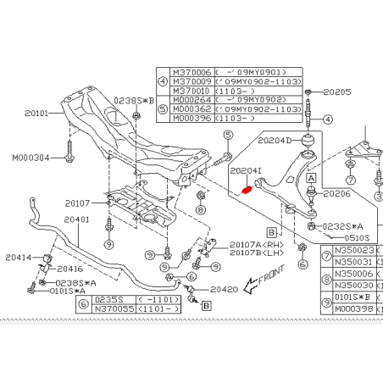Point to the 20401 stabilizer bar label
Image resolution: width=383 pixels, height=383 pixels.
coord(74,219)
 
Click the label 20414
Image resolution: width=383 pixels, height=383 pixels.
coord(17,257)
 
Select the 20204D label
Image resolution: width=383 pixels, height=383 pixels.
coord(274,140)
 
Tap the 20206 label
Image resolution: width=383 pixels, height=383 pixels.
coord(336,194)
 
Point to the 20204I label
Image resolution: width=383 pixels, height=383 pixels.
coord(246,169)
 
